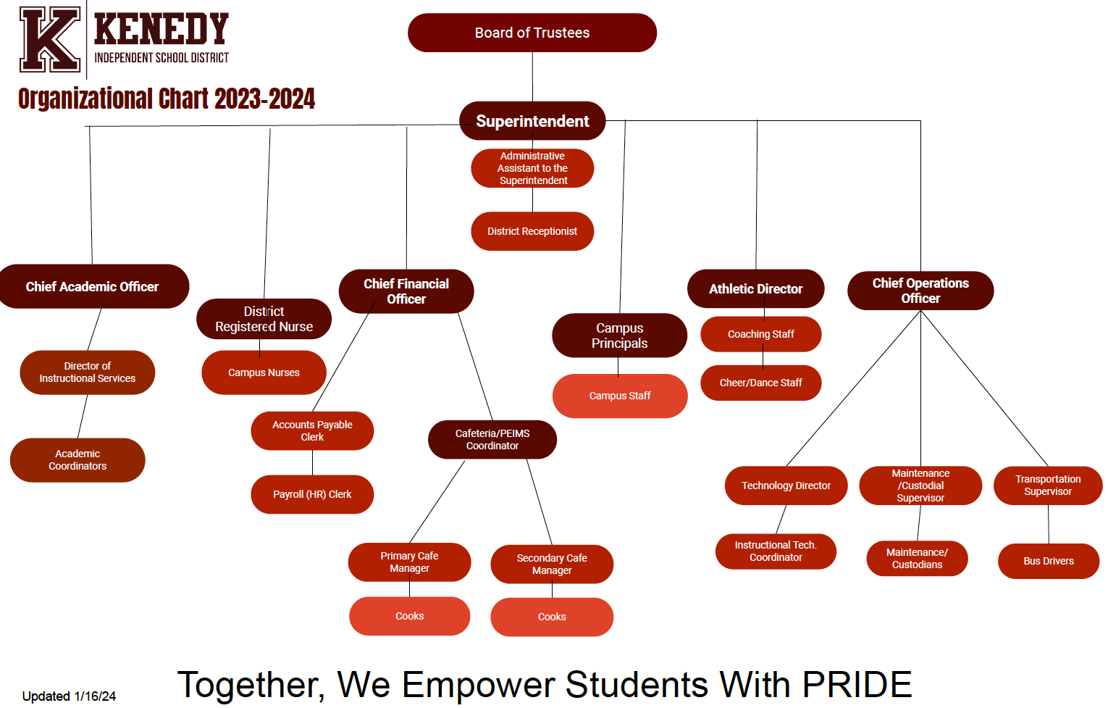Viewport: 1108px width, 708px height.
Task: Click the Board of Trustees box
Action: click(x=532, y=33)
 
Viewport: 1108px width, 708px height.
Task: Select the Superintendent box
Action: click(x=532, y=121)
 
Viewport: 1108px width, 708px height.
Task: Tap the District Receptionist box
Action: click(x=532, y=231)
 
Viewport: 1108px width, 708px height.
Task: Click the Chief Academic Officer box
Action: click(x=92, y=286)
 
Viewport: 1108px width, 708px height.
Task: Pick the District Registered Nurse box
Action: click(x=264, y=319)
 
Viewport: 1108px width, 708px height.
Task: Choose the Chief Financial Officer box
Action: click(x=406, y=291)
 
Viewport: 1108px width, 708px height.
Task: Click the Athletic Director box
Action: click(x=755, y=288)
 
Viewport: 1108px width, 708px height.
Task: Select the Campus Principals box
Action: click(x=619, y=336)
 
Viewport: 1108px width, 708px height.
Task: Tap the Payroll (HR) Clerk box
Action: click(x=312, y=494)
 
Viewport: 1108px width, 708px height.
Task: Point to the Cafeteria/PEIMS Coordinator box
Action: click(x=492, y=439)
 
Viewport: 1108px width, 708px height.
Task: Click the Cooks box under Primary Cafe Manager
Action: click(x=409, y=616)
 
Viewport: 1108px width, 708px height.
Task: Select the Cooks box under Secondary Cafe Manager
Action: click(x=552, y=617)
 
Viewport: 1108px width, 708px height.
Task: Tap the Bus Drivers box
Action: click(x=1049, y=561)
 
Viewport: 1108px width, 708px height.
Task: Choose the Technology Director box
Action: click(x=786, y=486)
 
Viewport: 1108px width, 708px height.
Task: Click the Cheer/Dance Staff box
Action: click(x=760, y=383)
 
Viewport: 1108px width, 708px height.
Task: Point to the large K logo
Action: click(x=49, y=39)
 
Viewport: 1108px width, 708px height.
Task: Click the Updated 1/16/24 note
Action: click(x=69, y=696)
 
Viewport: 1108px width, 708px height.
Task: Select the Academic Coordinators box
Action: click(x=77, y=459)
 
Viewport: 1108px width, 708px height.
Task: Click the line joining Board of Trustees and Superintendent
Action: click(x=532, y=77)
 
